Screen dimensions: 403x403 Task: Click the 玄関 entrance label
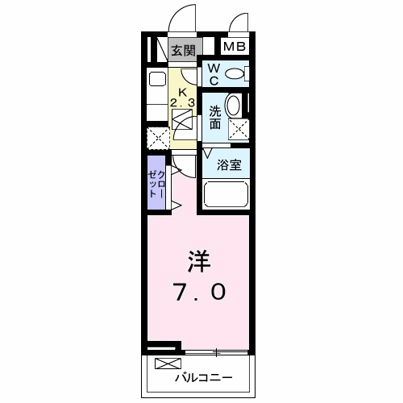(183, 50)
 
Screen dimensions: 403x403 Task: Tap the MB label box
(234, 47)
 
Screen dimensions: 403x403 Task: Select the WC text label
(214, 75)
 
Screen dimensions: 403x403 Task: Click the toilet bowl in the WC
(235, 75)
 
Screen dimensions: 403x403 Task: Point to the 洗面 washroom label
(215, 118)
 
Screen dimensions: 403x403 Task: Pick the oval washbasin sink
(234, 106)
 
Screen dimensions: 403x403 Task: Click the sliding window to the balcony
(216, 351)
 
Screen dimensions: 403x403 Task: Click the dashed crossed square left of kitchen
(157, 138)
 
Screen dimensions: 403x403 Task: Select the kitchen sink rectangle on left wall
(156, 79)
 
